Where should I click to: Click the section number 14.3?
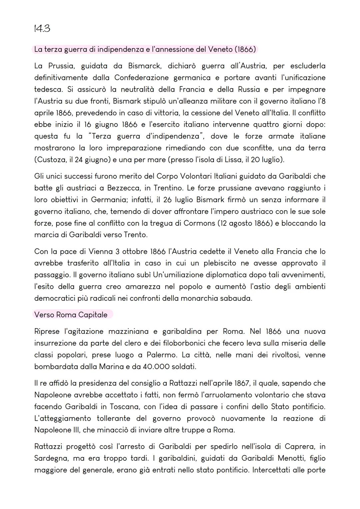tap(42, 29)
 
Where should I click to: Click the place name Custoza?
tap(51, 160)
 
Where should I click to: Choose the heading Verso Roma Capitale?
tap(71, 315)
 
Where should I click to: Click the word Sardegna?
tap(52, 458)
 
